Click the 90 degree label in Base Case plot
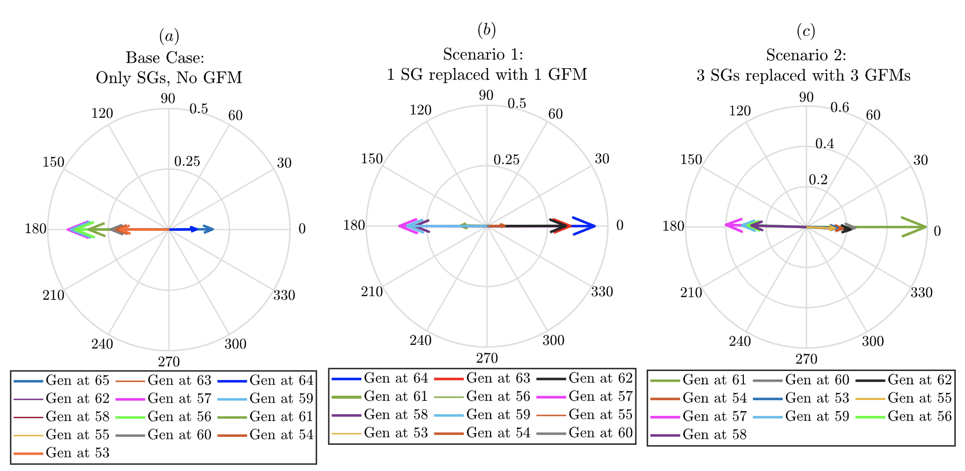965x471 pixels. [x=168, y=99]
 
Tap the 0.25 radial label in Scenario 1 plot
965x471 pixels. [x=506, y=160]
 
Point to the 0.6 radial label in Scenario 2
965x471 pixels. [x=840, y=108]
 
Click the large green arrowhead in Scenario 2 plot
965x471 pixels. [x=916, y=227]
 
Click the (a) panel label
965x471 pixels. [x=169, y=36]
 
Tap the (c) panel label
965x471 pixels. [x=806, y=32]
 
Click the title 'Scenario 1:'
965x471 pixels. [x=483, y=55]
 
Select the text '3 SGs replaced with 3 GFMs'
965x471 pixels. [x=803, y=76]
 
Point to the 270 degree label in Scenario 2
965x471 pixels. [x=806, y=359]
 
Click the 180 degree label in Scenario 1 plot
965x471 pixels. [x=354, y=226]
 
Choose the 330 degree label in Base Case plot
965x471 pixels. [x=284, y=295]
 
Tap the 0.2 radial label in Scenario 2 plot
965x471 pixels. [x=818, y=180]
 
